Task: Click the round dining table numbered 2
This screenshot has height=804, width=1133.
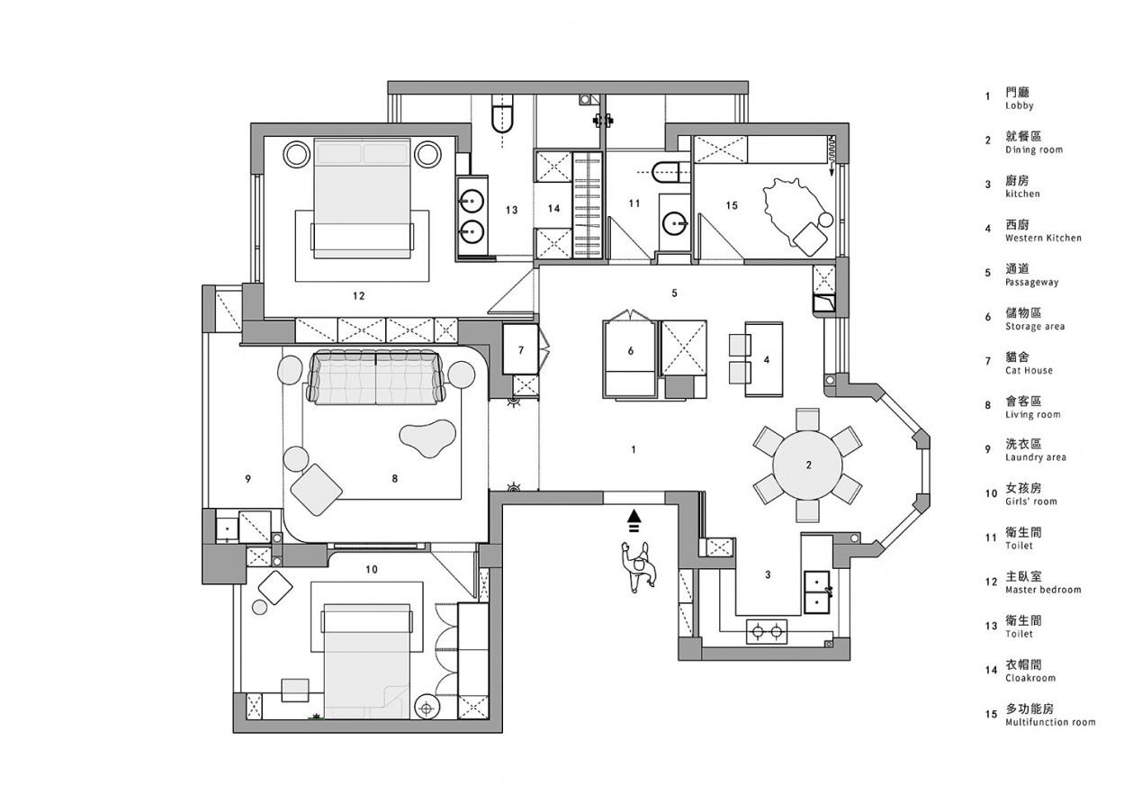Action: point(807,465)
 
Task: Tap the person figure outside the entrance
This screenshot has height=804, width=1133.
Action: point(638,566)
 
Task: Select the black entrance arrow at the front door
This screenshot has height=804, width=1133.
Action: point(634,521)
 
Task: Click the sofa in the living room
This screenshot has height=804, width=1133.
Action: point(377,377)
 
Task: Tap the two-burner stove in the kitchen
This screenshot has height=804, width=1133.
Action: point(767,631)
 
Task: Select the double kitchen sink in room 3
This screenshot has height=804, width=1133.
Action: point(817,592)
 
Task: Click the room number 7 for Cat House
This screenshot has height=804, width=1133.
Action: point(521,349)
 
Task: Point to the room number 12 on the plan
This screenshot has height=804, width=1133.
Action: point(358,296)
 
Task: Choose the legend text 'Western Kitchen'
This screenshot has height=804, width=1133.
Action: point(1043,238)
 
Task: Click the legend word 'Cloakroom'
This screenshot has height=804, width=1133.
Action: point(1030,678)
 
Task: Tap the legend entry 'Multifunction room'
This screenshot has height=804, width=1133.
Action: point(1050,722)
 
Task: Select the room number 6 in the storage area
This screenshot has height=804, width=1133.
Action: point(630,350)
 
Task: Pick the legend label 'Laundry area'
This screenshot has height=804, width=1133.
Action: point(1036,457)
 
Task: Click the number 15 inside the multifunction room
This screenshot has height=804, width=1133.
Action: point(732,205)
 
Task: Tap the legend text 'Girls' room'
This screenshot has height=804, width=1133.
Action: point(1030,501)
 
